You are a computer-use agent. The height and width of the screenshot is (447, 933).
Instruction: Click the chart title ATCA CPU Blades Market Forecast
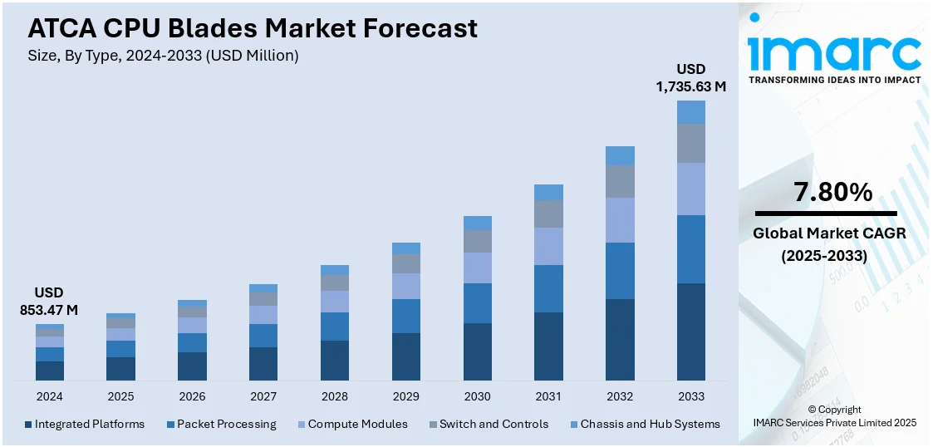(x=253, y=28)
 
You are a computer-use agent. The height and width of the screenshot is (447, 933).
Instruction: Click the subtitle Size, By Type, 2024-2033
(x=163, y=56)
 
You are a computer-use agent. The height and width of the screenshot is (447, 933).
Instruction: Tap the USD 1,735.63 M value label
(x=690, y=77)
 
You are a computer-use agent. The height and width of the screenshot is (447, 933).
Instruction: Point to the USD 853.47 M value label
(x=49, y=302)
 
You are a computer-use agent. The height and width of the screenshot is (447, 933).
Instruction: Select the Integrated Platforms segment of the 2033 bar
(x=690, y=332)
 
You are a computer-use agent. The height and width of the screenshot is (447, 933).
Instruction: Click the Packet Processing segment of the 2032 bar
(x=620, y=271)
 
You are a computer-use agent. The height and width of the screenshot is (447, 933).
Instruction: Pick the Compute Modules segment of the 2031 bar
(x=548, y=246)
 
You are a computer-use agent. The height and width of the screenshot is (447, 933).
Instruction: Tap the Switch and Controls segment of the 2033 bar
(x=690, y=143)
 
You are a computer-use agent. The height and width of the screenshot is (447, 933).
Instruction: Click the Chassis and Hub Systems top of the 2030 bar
(x=477, y=223)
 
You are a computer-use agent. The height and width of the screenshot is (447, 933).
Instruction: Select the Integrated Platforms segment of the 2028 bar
(x=335, y=360)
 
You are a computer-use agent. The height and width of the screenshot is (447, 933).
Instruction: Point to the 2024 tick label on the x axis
(x=49, y=396)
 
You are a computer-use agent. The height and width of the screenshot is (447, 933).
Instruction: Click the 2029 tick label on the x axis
(x=405, y=396)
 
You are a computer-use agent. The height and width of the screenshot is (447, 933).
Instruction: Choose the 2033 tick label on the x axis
(x=690, y=396)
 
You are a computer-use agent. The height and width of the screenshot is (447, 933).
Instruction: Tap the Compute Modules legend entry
(x=351, y=424)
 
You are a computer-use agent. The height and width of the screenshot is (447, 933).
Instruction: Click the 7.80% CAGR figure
(x=832, y=193)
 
